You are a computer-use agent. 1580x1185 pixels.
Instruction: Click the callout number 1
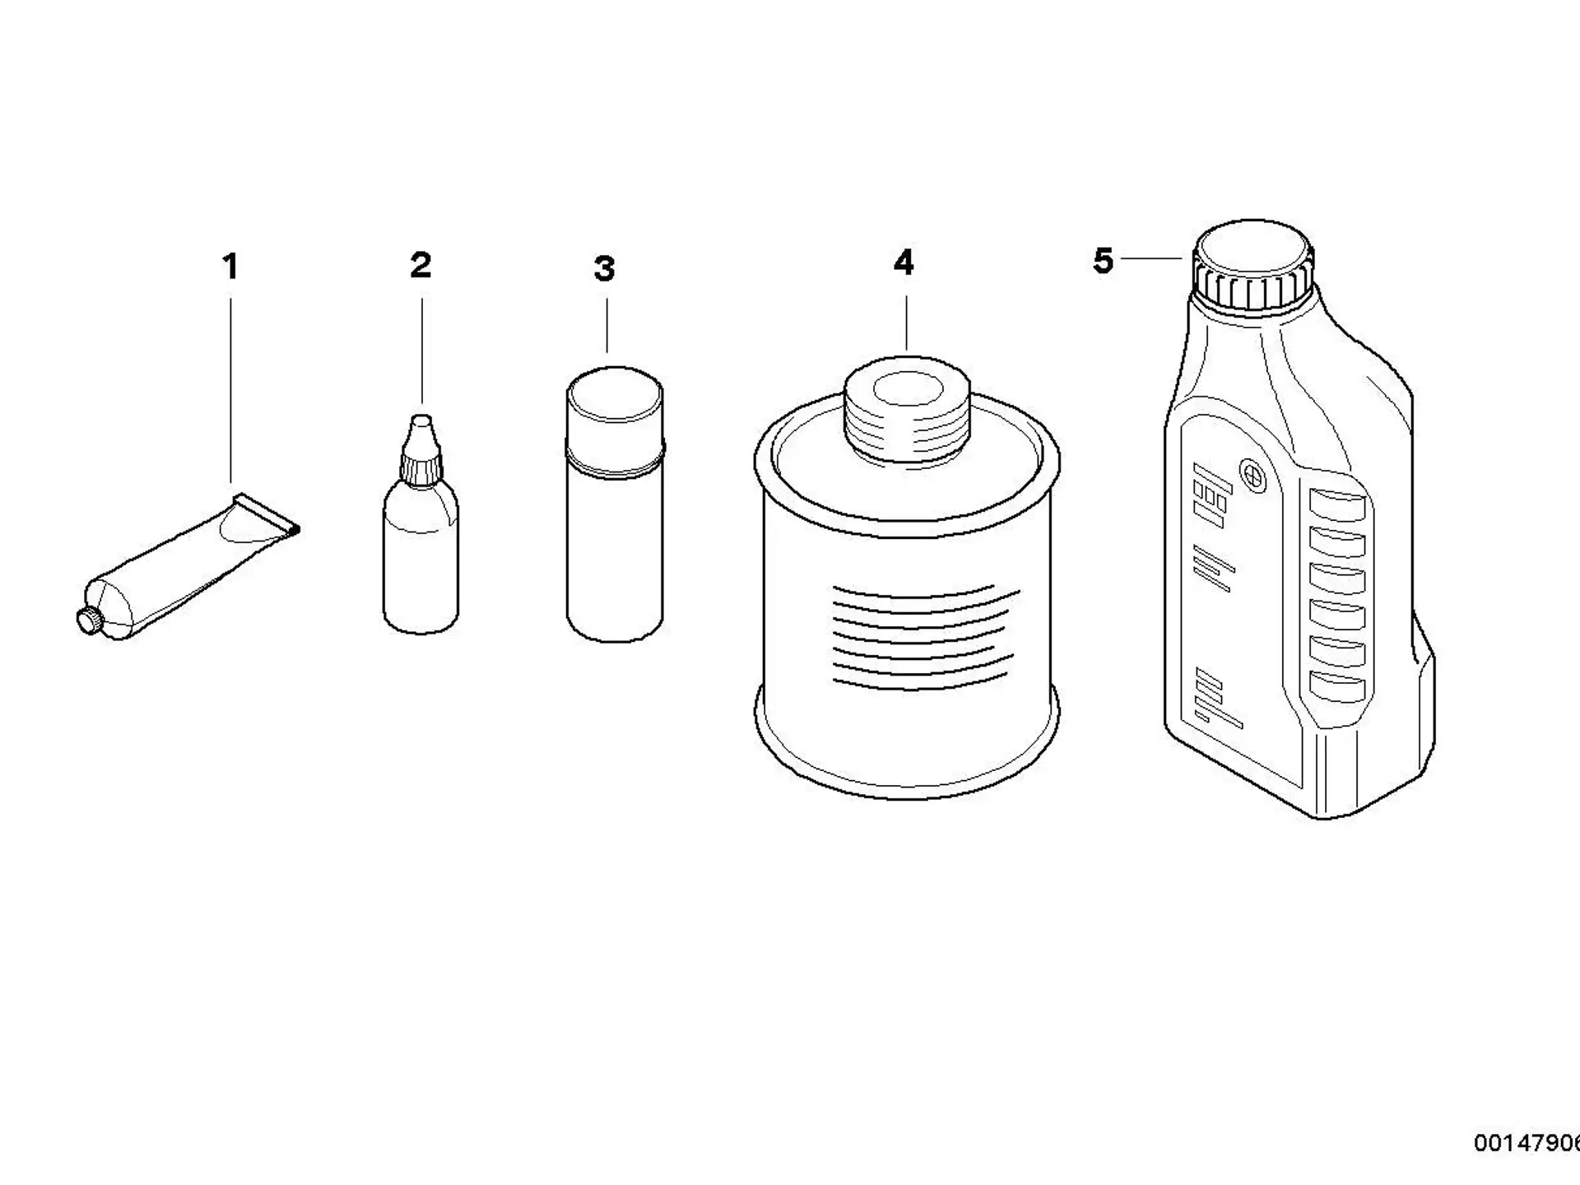230,267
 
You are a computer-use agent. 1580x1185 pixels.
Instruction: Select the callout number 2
421,265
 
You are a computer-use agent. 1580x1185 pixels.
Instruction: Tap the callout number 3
605,269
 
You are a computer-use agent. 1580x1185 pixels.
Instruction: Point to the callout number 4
904,263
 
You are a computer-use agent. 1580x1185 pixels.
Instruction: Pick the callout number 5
1103,261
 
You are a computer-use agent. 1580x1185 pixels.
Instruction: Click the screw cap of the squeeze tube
88,620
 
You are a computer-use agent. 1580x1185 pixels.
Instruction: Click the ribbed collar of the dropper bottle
421,467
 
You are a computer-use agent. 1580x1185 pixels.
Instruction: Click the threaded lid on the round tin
907,411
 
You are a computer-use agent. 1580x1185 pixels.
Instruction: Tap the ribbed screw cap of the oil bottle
1252,266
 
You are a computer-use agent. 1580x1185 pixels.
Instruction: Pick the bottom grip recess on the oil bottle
1336,687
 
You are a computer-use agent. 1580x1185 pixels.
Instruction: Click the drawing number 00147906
1527,1143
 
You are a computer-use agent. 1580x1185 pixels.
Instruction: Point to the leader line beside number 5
1152,258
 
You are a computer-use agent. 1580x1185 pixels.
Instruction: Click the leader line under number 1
230,390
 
